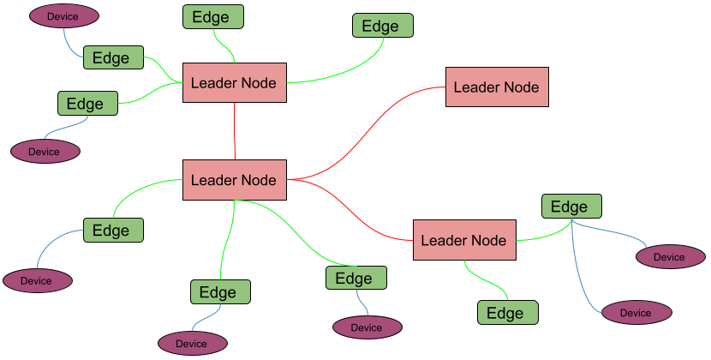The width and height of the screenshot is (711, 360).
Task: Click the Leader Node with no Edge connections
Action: point(497,87)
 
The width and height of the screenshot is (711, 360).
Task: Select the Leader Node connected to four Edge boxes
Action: point(234,83)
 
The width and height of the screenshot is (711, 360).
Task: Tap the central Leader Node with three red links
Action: point(234,180)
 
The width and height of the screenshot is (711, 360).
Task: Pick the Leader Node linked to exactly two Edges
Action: point(464,241)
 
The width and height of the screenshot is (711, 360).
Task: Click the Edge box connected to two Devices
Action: point(571,207)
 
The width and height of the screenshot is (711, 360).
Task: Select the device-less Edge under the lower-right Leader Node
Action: point(507,313)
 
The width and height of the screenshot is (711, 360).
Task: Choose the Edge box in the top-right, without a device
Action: point(382,26)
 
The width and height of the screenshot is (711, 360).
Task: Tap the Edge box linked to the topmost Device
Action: point(112,58)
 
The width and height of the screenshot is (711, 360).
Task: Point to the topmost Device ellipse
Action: point(63,16)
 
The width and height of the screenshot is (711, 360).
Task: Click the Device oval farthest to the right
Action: point(670,256)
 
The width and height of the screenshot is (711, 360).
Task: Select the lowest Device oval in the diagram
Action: point(192,344)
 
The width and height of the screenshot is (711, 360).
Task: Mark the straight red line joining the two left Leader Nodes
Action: point(234,130)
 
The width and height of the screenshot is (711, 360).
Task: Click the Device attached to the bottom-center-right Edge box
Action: point(367,327)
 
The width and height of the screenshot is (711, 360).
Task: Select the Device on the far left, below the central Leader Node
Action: point(37,280)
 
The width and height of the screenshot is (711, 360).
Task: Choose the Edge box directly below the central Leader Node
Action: point(220,292)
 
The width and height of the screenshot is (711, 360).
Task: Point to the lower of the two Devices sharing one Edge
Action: point(636,313)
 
